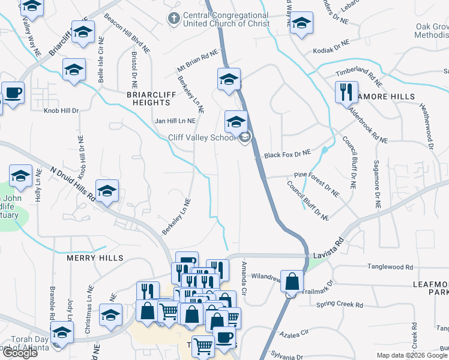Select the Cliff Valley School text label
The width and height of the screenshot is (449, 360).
202,138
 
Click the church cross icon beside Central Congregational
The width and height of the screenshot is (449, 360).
174,19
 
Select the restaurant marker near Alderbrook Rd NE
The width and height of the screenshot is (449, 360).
346,92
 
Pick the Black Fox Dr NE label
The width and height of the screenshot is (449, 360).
288,154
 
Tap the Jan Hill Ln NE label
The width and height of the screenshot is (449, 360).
175,121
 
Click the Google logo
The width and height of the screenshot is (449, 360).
19,353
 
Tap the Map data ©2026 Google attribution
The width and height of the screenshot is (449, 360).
412,355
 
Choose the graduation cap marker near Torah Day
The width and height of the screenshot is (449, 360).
62,332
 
